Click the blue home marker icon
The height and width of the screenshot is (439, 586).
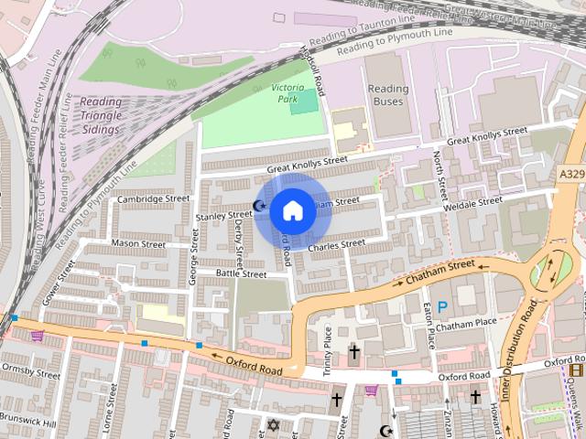coord(292,210)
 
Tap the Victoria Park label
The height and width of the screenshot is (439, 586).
coord(294,92)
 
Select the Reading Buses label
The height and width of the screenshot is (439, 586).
coord(387,95)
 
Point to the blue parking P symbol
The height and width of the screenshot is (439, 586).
coord(443,307)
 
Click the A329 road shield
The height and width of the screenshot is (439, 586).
coord(570,172)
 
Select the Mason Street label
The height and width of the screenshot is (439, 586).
coord(137,244)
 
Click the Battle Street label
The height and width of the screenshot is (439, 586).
coord(241,273)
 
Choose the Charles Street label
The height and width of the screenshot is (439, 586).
coord(336,245)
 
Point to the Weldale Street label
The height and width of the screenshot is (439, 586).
coord(472,205)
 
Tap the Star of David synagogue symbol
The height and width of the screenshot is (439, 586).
coord(272,424)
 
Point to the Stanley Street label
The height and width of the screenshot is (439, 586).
coord(223,216)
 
